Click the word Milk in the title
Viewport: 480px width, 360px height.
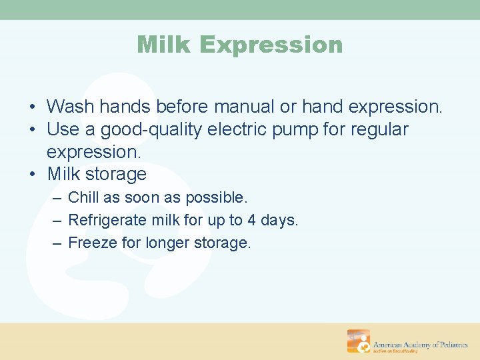[163, 44]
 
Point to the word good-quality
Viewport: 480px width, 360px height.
[151, 130]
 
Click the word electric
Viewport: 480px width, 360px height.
[237, 129]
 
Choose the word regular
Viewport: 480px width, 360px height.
[379, 130]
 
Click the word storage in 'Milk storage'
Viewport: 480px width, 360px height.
[116, 175]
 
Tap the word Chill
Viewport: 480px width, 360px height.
[83, 197]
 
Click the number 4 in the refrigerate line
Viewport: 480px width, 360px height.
[251, 220]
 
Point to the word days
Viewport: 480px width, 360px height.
[279, 221]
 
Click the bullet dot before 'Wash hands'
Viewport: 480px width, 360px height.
[33, 107]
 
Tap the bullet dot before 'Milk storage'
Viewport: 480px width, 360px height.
[33, 174]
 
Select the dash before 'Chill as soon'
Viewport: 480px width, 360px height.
[57, 198]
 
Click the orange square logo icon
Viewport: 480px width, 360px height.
[359, 341]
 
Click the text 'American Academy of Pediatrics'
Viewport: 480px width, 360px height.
[420, 345]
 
